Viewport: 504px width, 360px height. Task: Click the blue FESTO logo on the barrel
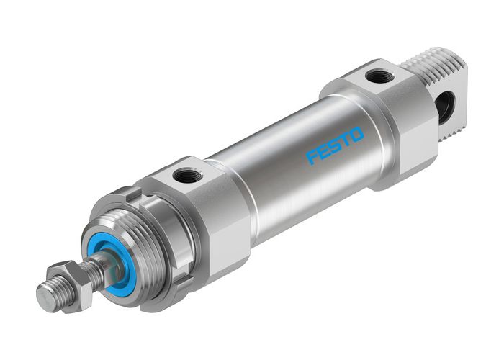[x=336, y=145]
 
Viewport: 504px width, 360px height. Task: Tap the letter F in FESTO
[x=312, y=157]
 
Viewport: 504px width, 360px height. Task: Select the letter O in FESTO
[x=358, y=134]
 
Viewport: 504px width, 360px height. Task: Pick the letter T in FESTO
[x=346, y=140]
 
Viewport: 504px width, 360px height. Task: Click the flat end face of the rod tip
[x=42, y=296]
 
